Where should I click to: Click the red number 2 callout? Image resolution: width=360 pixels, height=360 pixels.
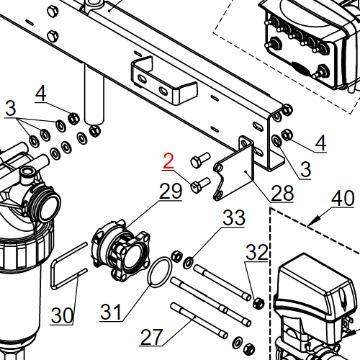(168, 161)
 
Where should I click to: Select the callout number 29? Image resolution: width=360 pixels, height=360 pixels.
(171, 192)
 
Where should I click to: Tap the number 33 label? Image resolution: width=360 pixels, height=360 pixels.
(234, 218)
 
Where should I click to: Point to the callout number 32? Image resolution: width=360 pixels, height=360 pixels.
(257, 252)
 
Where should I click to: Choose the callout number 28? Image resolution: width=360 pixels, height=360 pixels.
(282, 193)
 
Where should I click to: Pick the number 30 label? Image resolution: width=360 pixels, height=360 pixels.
(63, 315)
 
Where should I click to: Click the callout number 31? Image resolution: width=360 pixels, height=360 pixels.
(112, 312)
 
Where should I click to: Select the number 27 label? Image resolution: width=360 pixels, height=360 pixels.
(151, 336)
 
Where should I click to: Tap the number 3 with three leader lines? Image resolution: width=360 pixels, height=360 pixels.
(9, 108)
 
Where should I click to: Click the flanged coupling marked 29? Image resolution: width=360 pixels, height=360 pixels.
(122, 249)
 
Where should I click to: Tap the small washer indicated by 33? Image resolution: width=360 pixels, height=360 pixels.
(189, 261)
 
